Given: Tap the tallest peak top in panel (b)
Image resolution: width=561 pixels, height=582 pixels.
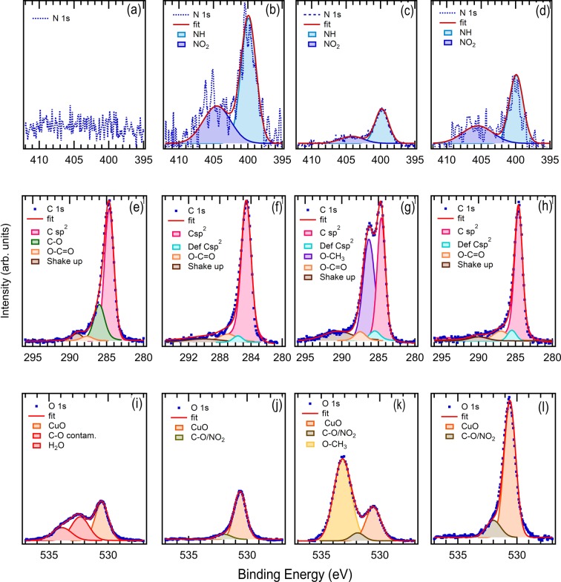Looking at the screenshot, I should pyautogui.click(x=249, y=16).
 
